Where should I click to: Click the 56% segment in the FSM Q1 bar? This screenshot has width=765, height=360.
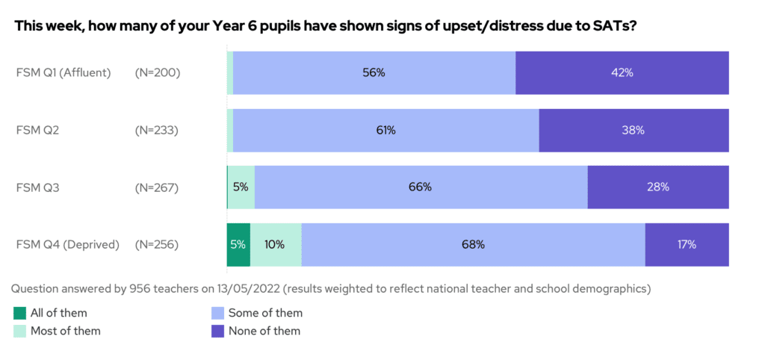pos(374,72)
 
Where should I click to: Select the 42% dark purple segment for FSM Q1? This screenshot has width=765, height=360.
pos(622,72)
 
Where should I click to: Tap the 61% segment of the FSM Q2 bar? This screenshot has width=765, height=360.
pos(385,130)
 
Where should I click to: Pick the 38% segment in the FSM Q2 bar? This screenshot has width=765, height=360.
pos(634,130)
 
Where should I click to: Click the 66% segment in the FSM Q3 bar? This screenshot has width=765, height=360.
pos(421,187)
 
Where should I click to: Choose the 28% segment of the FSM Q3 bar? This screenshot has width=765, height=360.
pos(657,187)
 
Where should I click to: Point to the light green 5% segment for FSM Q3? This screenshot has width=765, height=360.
pos(241,187)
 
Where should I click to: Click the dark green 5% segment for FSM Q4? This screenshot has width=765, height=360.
pos(238,244)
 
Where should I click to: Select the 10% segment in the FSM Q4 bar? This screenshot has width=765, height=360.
pos(276,244)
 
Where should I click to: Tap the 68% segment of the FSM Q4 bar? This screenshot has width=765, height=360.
pos(473,244)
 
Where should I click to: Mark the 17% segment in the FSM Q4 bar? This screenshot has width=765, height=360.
pos(687,244)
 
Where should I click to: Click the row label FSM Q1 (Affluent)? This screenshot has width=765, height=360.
pos(64,72)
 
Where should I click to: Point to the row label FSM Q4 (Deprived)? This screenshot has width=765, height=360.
pos(68,244)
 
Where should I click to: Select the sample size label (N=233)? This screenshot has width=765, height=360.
pos(157,130)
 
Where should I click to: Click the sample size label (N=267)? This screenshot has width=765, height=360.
pos(157,187)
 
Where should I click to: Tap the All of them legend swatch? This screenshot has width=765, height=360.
pos(20,313)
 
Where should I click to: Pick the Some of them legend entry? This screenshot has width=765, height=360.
pos(265,313)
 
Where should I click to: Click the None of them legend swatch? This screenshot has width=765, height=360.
pos(219,331)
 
